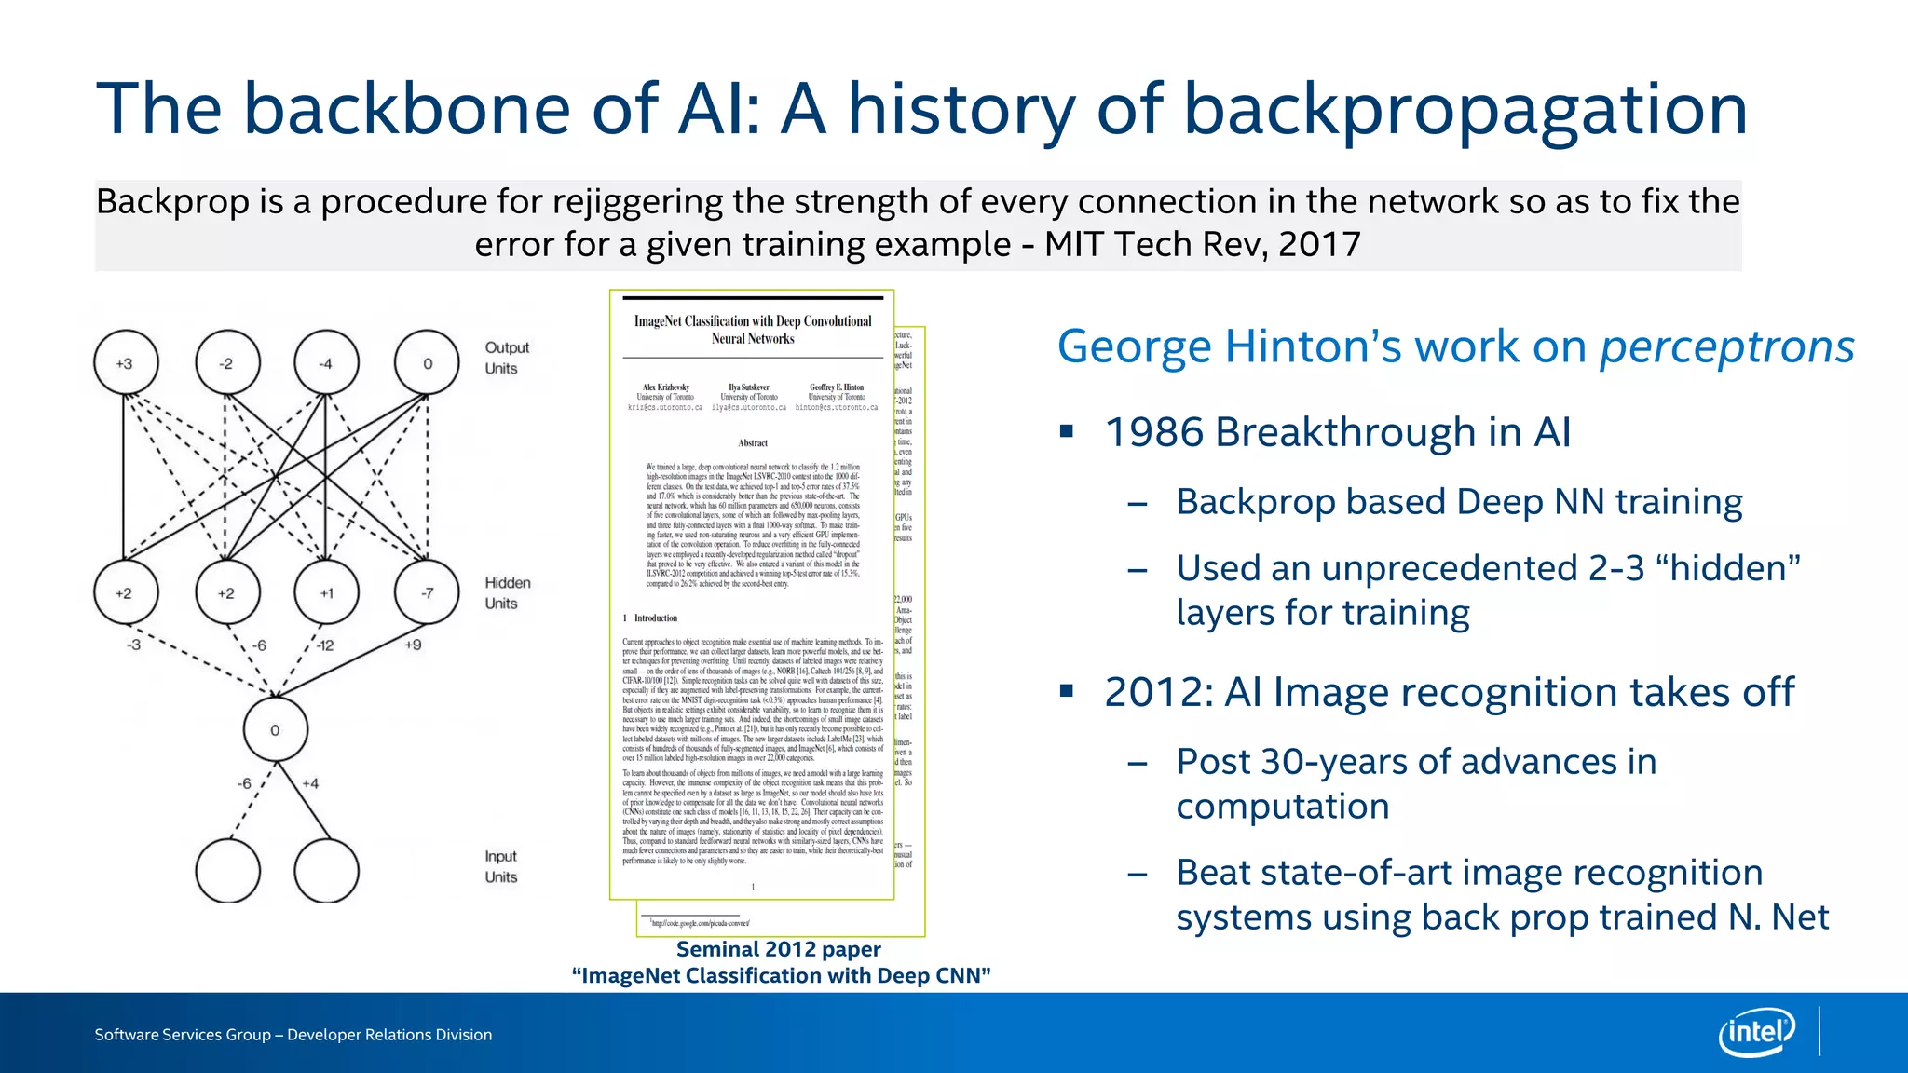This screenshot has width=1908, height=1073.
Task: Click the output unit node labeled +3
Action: (x=126, y=363)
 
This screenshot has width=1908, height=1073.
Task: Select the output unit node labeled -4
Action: (x=326, y=363)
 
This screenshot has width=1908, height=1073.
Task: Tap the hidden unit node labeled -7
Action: (x=427, y=592)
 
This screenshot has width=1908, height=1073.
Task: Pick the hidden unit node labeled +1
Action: (x=326, y=592)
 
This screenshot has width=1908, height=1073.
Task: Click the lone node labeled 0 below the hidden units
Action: (x=275, y=730)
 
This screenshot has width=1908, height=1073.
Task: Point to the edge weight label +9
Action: (x=413, y=645)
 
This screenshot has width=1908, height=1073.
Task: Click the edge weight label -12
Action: (x=324, y=645)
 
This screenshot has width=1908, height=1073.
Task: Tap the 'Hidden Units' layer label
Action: (x=507, y=592)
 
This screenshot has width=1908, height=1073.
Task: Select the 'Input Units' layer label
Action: (x=500, y=866)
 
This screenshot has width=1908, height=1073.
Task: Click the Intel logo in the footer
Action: (x=1756, y=1032)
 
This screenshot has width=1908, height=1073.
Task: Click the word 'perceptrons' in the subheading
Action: (x=1726, y=346)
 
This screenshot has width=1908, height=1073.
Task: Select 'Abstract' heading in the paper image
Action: (x=753, y=443)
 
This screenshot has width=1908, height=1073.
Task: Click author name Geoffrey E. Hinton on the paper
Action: (x=836, y=387)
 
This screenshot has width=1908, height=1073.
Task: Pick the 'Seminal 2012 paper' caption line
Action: (x=778, y=949)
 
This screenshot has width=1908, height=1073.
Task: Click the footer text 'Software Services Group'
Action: (x=183, y=1035)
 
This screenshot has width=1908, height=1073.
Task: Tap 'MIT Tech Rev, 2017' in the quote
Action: (x=1202, y=244)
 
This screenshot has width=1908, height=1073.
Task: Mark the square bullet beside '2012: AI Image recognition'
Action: (x=1067, y=691)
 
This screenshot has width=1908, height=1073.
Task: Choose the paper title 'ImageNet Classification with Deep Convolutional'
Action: (x=753, y=321)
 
